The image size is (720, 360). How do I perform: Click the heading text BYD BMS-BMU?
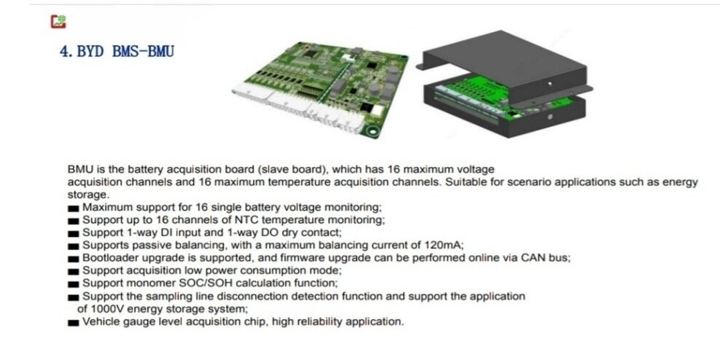pos(117,52)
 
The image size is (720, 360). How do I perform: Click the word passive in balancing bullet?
pos(149,245)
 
